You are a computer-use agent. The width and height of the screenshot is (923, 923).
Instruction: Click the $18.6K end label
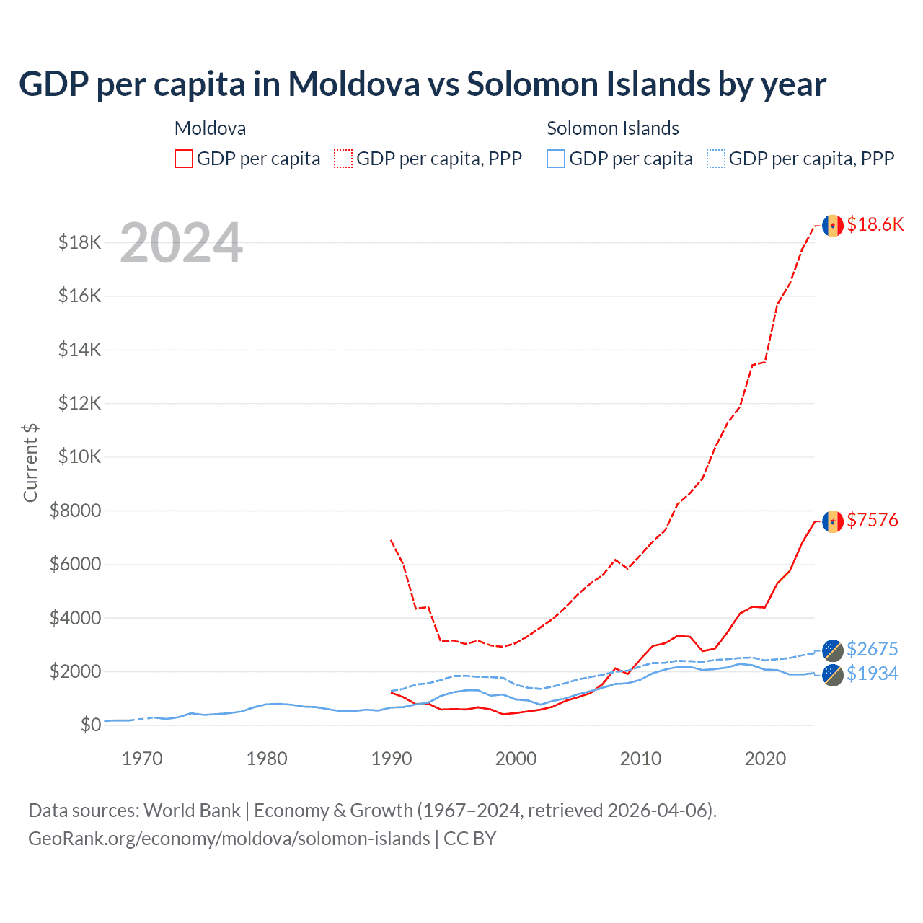(875, 224)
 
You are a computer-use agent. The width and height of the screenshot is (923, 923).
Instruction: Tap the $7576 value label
(872, 520)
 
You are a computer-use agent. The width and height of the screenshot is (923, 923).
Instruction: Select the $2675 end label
(872, 649)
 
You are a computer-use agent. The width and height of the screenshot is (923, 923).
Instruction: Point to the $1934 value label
(872, 674)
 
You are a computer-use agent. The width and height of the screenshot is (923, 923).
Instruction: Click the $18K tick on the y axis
(80, 242)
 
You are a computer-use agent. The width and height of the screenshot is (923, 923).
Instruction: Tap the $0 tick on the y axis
(90, 725)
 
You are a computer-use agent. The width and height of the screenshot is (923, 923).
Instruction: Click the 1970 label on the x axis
(142, 759)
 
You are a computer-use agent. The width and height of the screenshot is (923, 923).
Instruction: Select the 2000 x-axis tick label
(516, 759)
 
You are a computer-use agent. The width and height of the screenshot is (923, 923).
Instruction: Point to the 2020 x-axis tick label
(765, 759)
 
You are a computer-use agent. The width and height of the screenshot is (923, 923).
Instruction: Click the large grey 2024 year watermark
(181, 243)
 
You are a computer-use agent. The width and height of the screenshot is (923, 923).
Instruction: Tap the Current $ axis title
(30, 462)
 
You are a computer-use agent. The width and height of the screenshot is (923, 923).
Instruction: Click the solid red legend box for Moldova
(184, 159)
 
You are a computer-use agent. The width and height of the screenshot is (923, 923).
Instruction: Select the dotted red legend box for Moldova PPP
(343, 159)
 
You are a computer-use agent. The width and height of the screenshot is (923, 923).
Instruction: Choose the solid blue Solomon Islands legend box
(556, 159)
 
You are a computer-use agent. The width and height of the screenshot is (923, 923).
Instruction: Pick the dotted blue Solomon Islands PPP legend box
(716, 159)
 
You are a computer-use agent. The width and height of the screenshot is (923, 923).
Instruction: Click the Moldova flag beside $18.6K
(833, 226)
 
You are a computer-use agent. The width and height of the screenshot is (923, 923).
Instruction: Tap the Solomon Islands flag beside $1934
(833, 675)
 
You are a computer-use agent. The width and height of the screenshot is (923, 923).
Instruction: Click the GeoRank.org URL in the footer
(229, 839)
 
